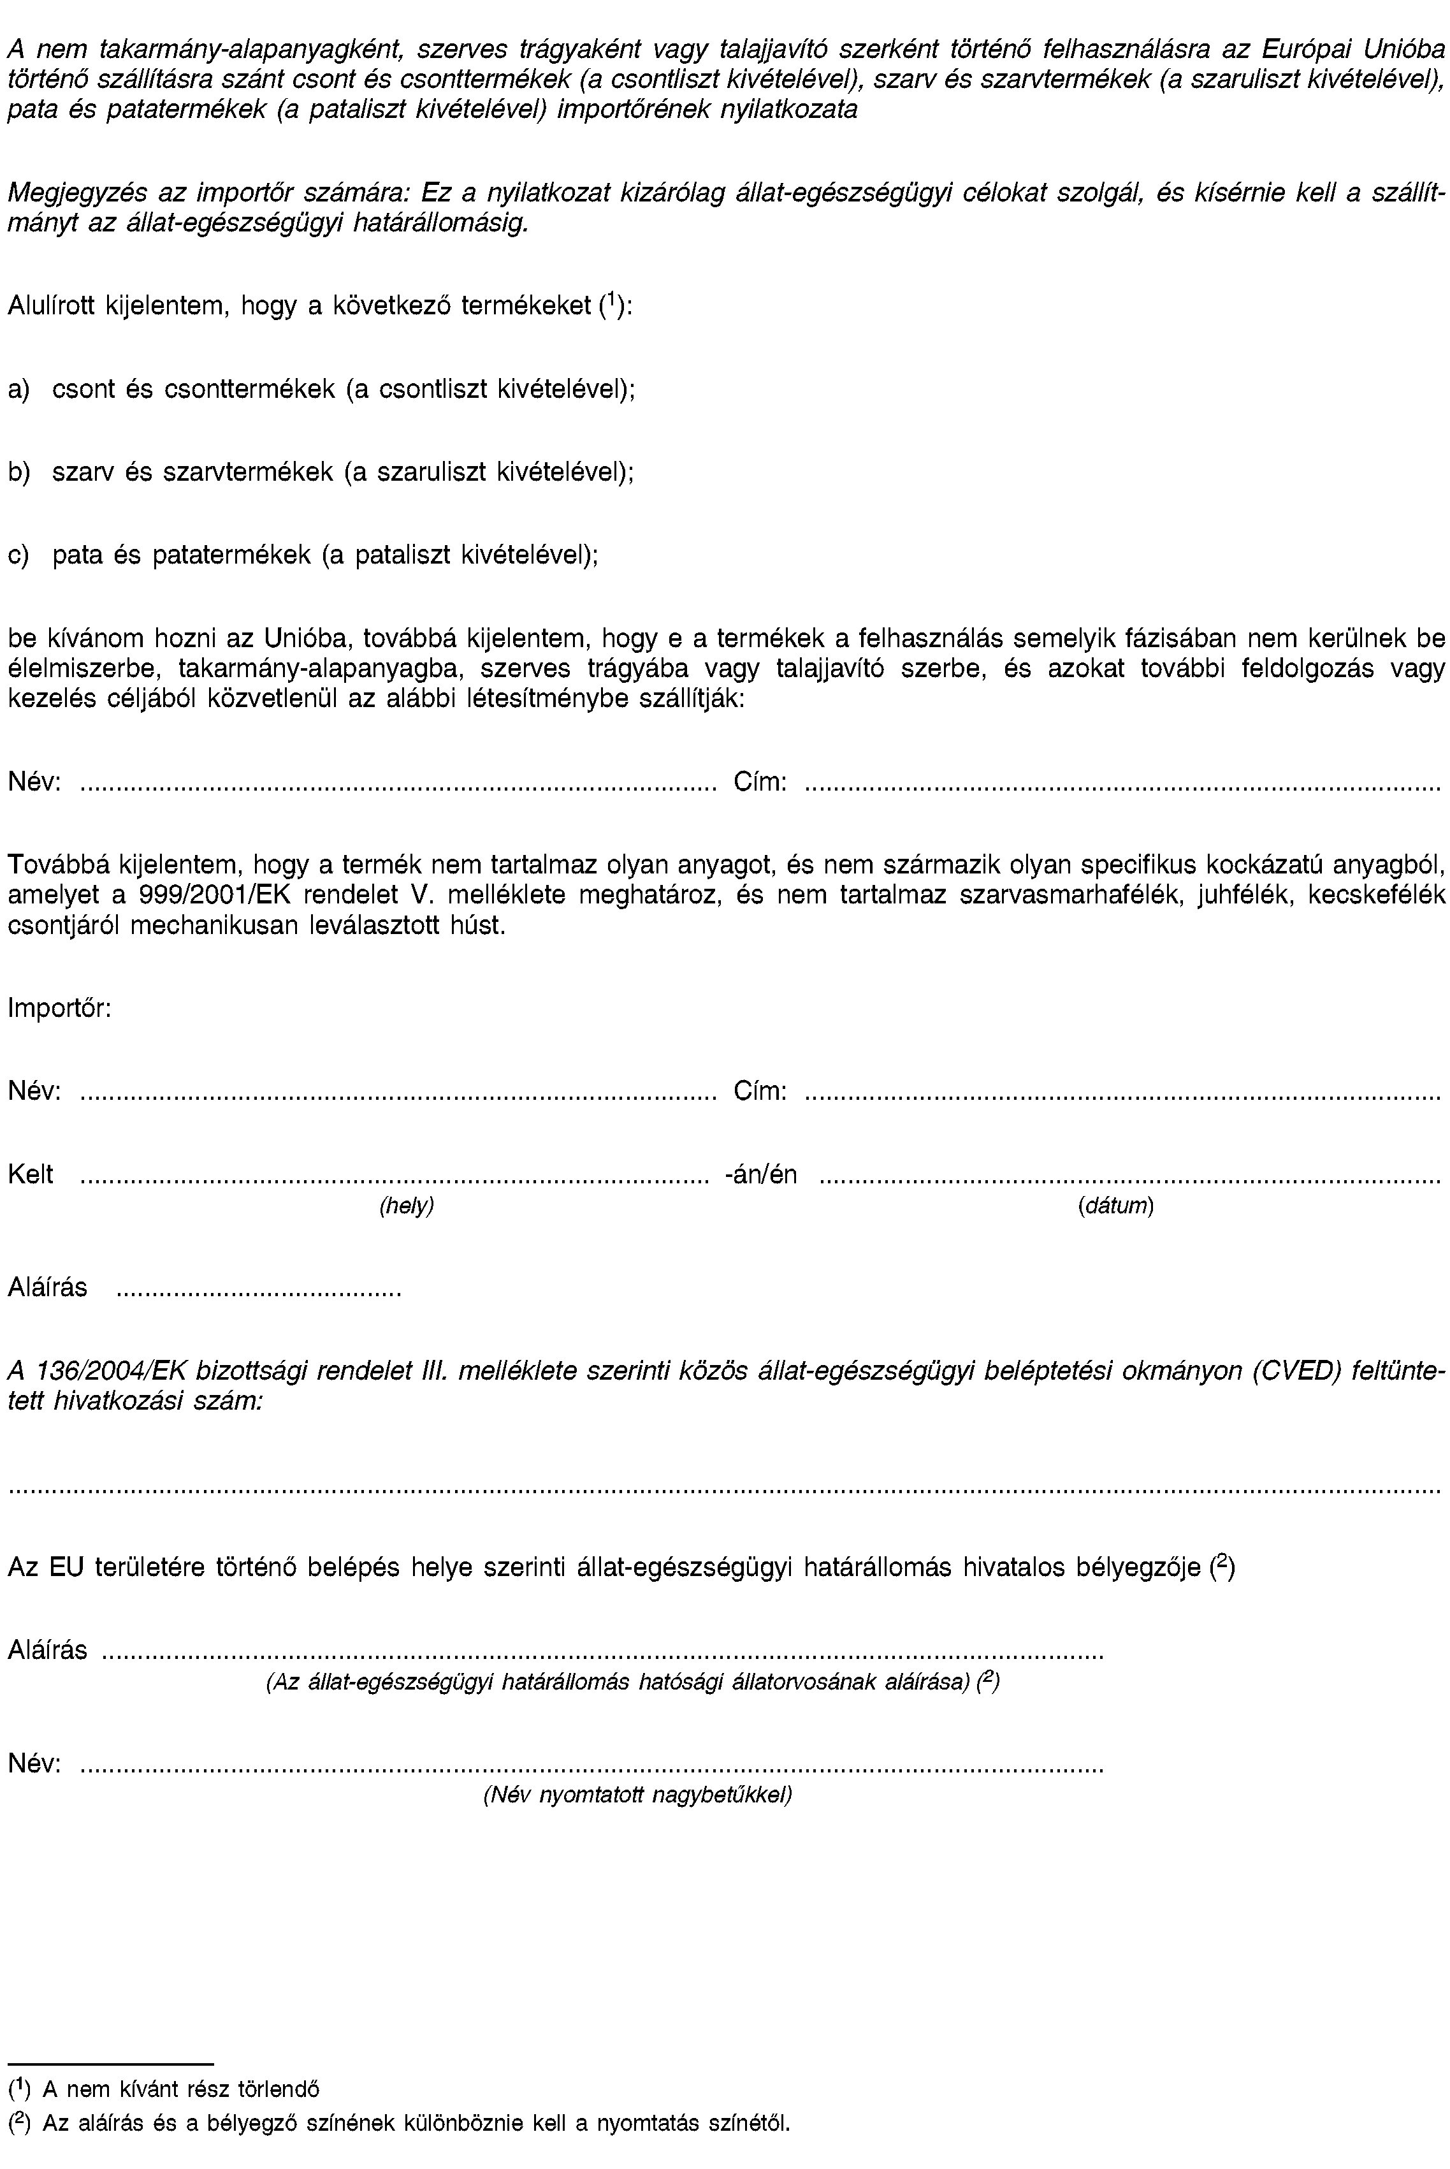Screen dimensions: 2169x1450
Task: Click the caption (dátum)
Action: pos(1115,1206)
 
